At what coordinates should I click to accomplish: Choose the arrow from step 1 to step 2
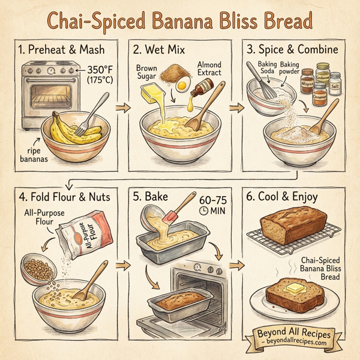pos(118,108)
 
